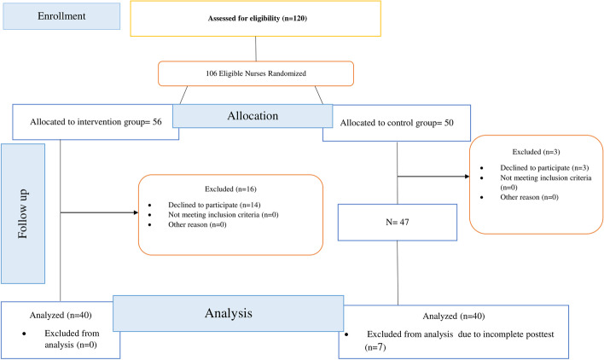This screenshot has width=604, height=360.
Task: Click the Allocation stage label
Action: (x=247, y=113)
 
